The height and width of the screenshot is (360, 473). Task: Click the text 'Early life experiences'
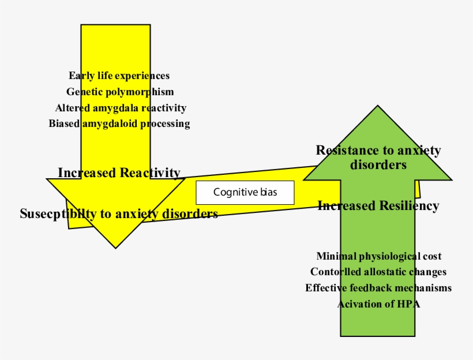tap(119, 76)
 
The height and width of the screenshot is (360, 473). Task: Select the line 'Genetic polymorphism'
tap(119, 92)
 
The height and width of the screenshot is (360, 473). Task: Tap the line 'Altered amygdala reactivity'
tap(121, 108)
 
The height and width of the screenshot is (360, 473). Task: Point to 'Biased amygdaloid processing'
tap(119, 123)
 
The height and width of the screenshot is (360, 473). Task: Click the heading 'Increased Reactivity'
tap(119, 172)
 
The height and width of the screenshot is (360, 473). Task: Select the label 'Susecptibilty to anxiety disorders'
tap(119, 214)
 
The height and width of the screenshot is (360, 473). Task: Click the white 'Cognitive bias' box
tap(245, 192)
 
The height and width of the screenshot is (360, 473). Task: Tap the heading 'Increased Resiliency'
tap(378, 206)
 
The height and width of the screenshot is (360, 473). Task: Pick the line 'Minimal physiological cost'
tap(379, 256)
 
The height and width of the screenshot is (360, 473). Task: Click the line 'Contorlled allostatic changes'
tap(378, 272)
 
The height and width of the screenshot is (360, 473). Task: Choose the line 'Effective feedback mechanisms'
tap(378, 288)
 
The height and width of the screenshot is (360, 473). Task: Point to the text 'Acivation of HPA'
tap(378, 304)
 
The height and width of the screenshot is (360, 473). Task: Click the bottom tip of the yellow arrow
tap(116, 247)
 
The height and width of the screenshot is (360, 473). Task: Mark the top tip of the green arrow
tap(378, 107)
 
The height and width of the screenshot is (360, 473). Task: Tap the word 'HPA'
tap(408, 304)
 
